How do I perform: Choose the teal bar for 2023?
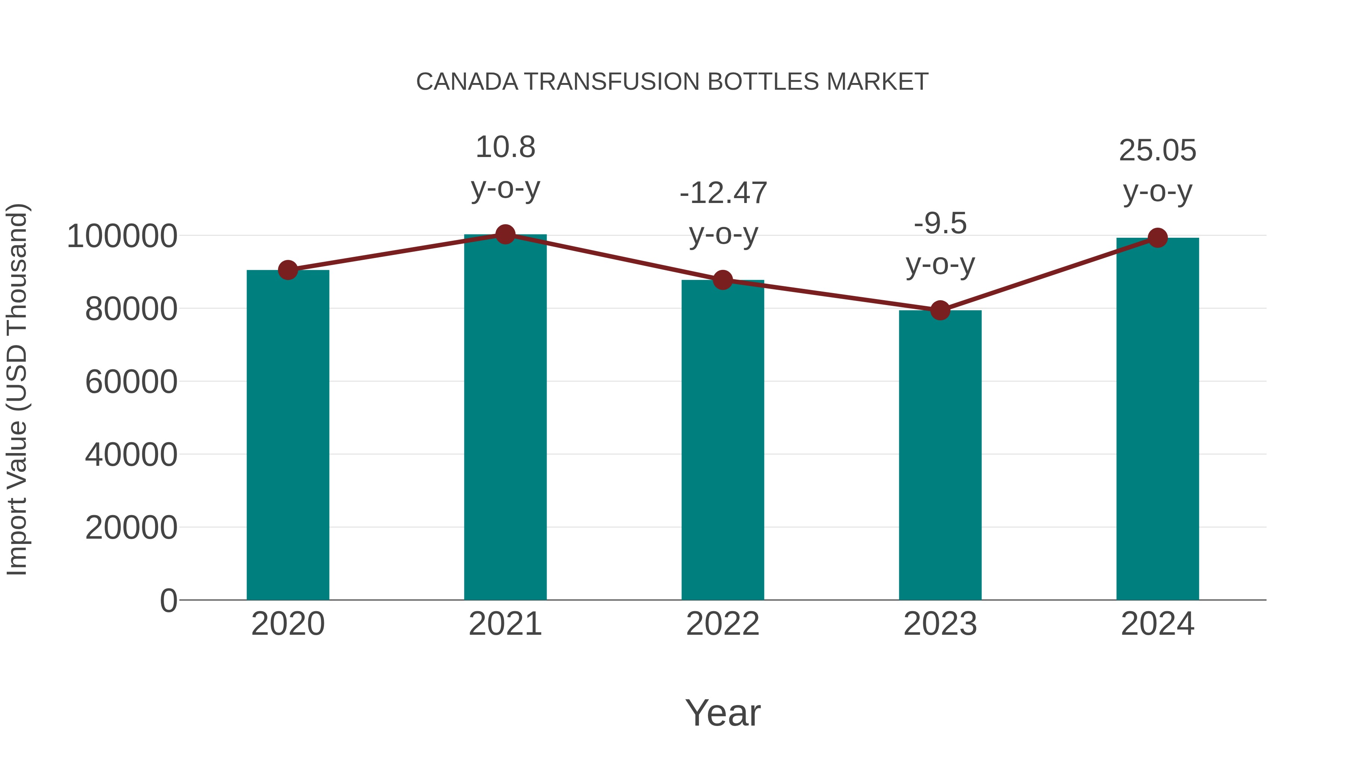click(x=940, y=455)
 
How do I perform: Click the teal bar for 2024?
click(x=1157, y=418)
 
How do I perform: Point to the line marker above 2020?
click(x=288, y=270)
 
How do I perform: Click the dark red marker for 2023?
click(x=940, y=310)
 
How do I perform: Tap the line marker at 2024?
click(x=1157, y=238)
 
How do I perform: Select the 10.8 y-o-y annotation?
click(x=505, y=167)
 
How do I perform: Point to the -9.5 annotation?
click(x=940, y=243)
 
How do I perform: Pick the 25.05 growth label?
click(x=1157, y=171)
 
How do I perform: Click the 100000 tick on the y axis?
click(x=122, y=236)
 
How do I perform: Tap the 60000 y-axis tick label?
click(x=131, y=382)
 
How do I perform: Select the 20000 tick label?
click(x=131, y=527)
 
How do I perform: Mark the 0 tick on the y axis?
click(x=168, y=601)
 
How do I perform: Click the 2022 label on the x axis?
click(x=723, y=624)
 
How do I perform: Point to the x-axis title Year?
click(x=723, y=713)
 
